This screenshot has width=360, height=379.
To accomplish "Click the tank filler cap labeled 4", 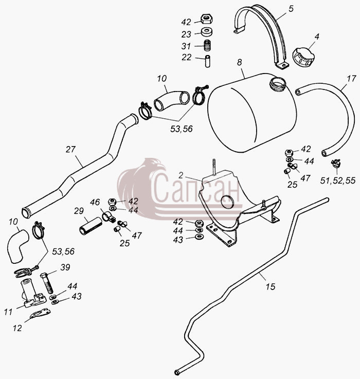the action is click(302, 57).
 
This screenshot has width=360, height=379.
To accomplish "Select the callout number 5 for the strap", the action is click(291, 9).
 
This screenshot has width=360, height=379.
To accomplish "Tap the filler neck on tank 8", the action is click(278, 84).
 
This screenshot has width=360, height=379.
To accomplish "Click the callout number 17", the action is click(351, 79).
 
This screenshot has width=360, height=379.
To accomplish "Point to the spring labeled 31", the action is click(207, 45).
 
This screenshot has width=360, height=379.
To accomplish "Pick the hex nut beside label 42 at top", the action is click(206, 19).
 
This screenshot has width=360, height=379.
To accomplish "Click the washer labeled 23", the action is click(207, 32).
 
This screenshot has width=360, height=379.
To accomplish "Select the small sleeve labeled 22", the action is click(207, 61).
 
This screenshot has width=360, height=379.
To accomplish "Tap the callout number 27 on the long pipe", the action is click(70, 149).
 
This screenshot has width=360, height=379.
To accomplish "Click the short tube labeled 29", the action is click(91, 226).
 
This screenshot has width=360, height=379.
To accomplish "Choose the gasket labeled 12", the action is click(41, 314).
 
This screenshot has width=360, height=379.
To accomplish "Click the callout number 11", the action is click(8, 312).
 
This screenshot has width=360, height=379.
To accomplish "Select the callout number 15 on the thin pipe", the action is click(271, 286).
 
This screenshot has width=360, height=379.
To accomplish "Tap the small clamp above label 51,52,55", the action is click(336, 163).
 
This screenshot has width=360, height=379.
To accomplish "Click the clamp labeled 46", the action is click(109, 217).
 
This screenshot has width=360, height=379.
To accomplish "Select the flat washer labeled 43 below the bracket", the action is click(199, 236).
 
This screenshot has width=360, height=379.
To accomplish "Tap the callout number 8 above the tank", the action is click(239, 62).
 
